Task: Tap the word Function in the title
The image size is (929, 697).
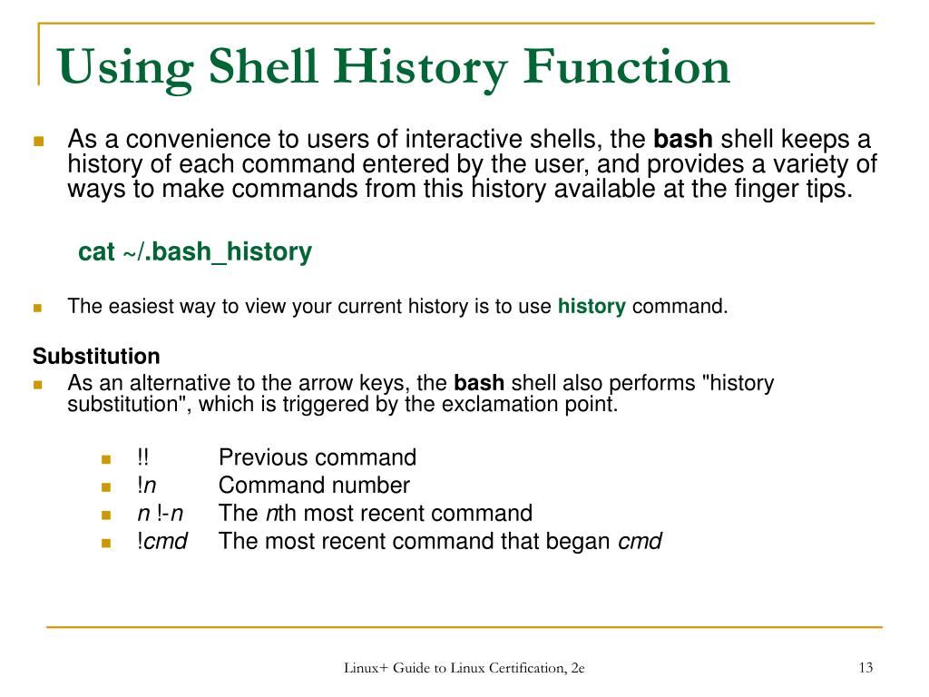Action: click(627, 68)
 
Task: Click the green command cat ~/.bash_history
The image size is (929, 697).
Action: click(195, 252)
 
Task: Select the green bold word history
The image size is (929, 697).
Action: click(592, 307)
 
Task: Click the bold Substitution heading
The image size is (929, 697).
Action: click(96, 356)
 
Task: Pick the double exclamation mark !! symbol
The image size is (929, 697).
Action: click(142, 457)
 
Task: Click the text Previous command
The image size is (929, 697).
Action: click(318, 457)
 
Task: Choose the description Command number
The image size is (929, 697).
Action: click(314, 486)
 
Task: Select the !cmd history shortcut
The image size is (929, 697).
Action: click(162, 542)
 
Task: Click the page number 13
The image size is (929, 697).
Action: click(865, 668)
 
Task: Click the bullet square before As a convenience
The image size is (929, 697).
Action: click(39, 142)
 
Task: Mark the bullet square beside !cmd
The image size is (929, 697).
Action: click(105, 543)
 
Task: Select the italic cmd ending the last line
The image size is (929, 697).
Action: click(640, 542)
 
